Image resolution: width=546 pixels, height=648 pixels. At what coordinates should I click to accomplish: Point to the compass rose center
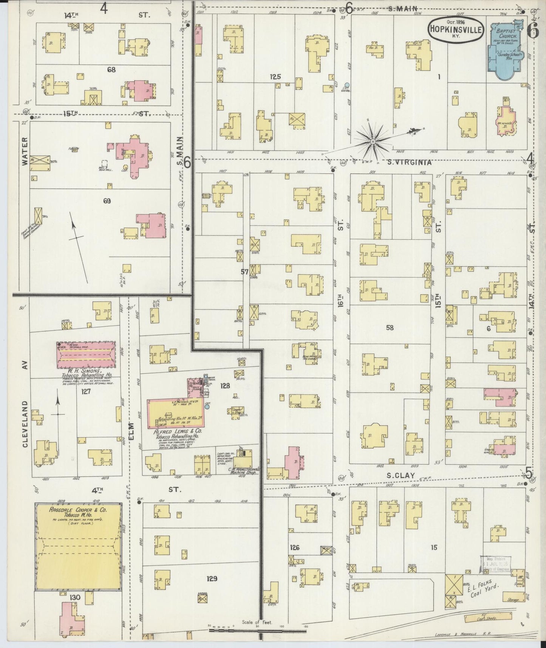373,141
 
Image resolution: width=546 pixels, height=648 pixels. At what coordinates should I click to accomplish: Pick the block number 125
275,77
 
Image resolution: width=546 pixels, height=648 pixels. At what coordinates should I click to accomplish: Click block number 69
107,201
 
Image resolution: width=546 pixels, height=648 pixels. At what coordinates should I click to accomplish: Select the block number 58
390,328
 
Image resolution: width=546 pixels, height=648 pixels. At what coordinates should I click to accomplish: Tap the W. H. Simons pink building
87,355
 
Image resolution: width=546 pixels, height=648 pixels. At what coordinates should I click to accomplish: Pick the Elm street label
131,431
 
